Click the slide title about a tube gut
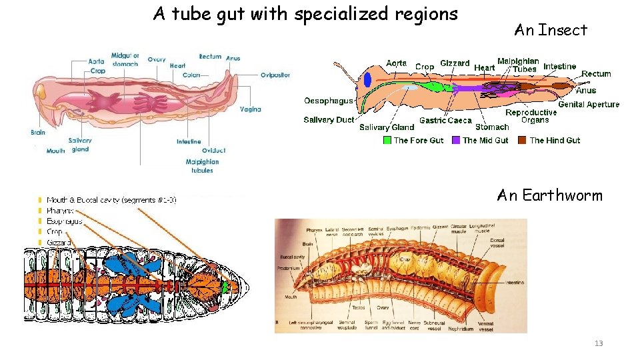pyautogui.click(x=305, y=14)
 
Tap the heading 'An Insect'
pyautogui.click(x=551, y=30)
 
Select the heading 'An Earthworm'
pyautogui.click(x=549, y=195)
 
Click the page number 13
pyautogui.click(x=598, y=343)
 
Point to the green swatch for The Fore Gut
pyautogui.click(x=387, y=140)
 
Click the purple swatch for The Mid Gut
pyautogui.click(x=456, y=140)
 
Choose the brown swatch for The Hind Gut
pyautogui.click(x=523, y=140)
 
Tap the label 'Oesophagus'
pyautogui.click(x=328, y=101)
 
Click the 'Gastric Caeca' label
pyautogui.click(x=445, y=121)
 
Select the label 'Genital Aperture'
pyautogui.click(x=589, y=104)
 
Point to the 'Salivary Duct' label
pyautogui.click(x=329, y=120)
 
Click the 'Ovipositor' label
pyautogui.click(x=275, y=75)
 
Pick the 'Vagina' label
pyautogui.click(x=250, y=109)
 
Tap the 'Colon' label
pyautogui.click(x=191, y=75)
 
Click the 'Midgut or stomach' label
pyautogui.click(x=125, y=59)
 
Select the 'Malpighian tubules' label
pyautogui.click(x=203, y=166)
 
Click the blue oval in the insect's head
pyautogui.click(x=367, y=80)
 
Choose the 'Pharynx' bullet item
pyautogui.click(x=61, y=210)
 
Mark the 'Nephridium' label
pyautogui.click(x=460, y=328)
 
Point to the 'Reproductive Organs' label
pyautogui.click(x=531, y=116)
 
